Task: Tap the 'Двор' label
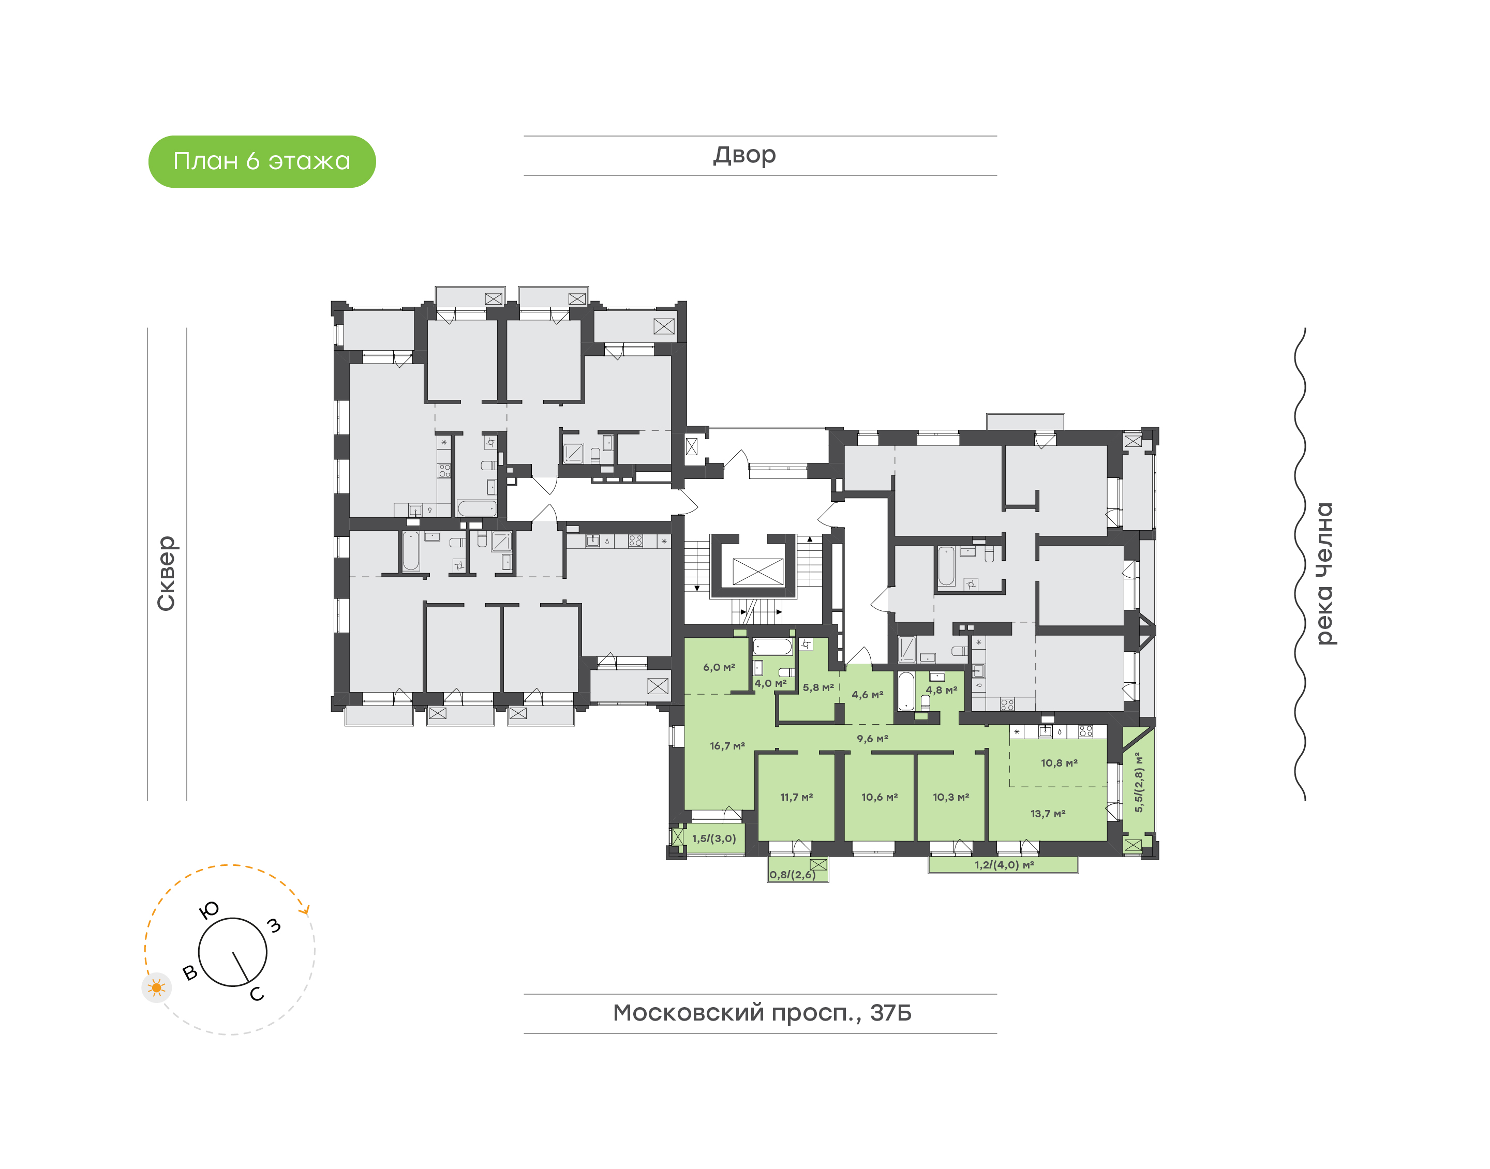tap(744, 155)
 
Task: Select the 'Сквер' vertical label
tap(166, 573)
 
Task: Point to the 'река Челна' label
tap(1325, 573)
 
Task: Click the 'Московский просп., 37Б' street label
tap(762, 1012)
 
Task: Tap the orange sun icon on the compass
tap(157, 987)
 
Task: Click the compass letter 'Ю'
tap(208, 910)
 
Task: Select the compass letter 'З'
tap(274, 925)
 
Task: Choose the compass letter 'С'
tap(257, 994)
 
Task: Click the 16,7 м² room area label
tap(727, 746)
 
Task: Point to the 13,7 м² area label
tap(1048, 814)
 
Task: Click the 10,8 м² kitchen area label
tap(1060, 763)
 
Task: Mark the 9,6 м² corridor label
tap(873, 739)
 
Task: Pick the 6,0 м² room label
tap(719, 667)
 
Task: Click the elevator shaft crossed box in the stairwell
tap(757, 572)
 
